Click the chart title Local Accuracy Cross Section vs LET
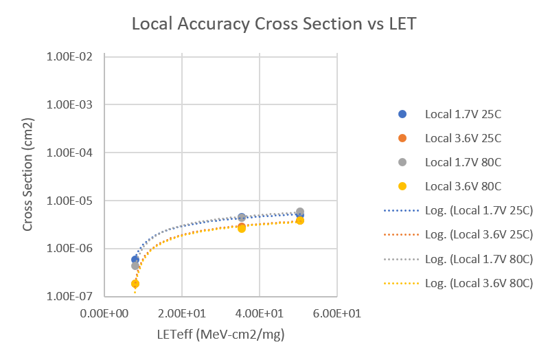[274, 24]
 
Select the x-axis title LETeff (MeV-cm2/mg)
[220, 335]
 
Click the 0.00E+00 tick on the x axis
[104, 313]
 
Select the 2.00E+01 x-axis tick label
[182, 313]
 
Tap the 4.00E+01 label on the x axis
[260, 313]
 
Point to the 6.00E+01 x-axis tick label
[337, 313]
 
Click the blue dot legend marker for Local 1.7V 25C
[403, 114]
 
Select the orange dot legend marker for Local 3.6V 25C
[403, 138]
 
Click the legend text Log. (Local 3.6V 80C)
[479, 282]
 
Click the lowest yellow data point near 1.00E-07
[135, 283]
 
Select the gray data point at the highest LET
[300, 212]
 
